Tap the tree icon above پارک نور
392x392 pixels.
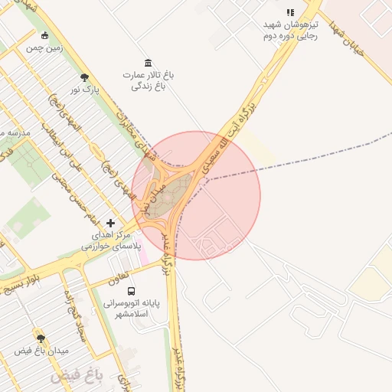pyautogui.click(x=84, y=77)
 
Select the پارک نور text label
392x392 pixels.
pyautogui.click(x=86, y=90)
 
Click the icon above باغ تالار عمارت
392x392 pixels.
pyautogui.click(x=148, y=62)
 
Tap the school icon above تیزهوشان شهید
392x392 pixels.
pyautogui.click(x=289, y=12)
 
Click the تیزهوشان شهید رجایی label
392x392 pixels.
pyautogui.click(x=289, y=30)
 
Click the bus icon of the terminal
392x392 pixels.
pyautogui.click(x=132, y=291)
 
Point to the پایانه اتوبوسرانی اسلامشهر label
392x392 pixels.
pyautogui.click(x=132, y=309)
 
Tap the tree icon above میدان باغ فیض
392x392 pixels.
pyautogui.click(x=41, y=338)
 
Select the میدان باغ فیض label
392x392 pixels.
pyautogui.click(x=42, y=351)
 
